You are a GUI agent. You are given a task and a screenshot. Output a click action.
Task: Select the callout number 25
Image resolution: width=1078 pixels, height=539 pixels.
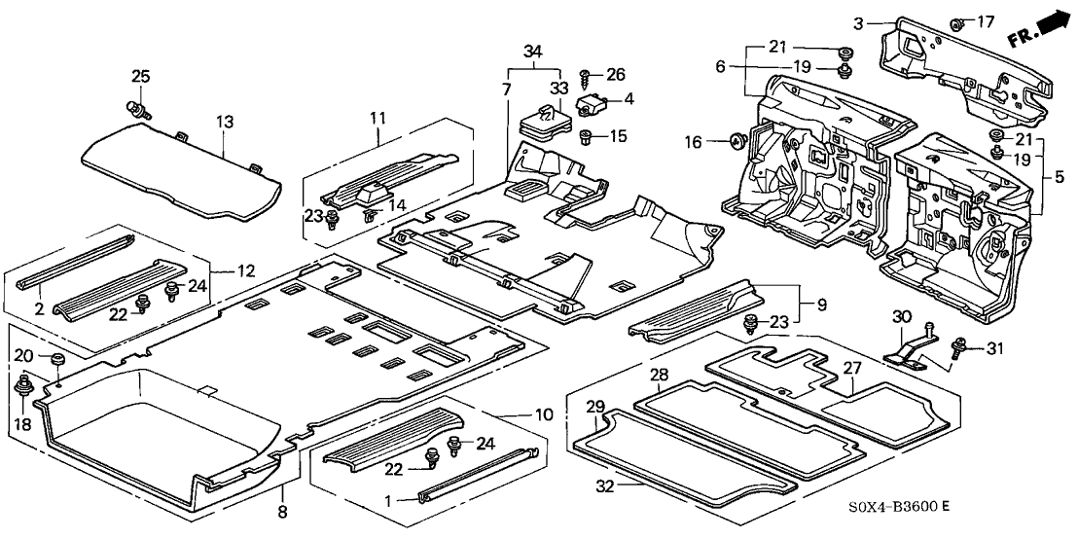coord(141,76)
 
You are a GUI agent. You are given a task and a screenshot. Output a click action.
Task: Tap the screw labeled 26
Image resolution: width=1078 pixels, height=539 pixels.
coord(587,75)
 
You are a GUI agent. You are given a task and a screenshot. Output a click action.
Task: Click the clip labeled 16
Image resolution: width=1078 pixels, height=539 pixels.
coord(738,143)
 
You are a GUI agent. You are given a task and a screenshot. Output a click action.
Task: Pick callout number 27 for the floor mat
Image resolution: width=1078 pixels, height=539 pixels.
coord(853,368)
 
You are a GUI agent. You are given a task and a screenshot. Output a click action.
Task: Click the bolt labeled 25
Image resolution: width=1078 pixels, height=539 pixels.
coord(136,106)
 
